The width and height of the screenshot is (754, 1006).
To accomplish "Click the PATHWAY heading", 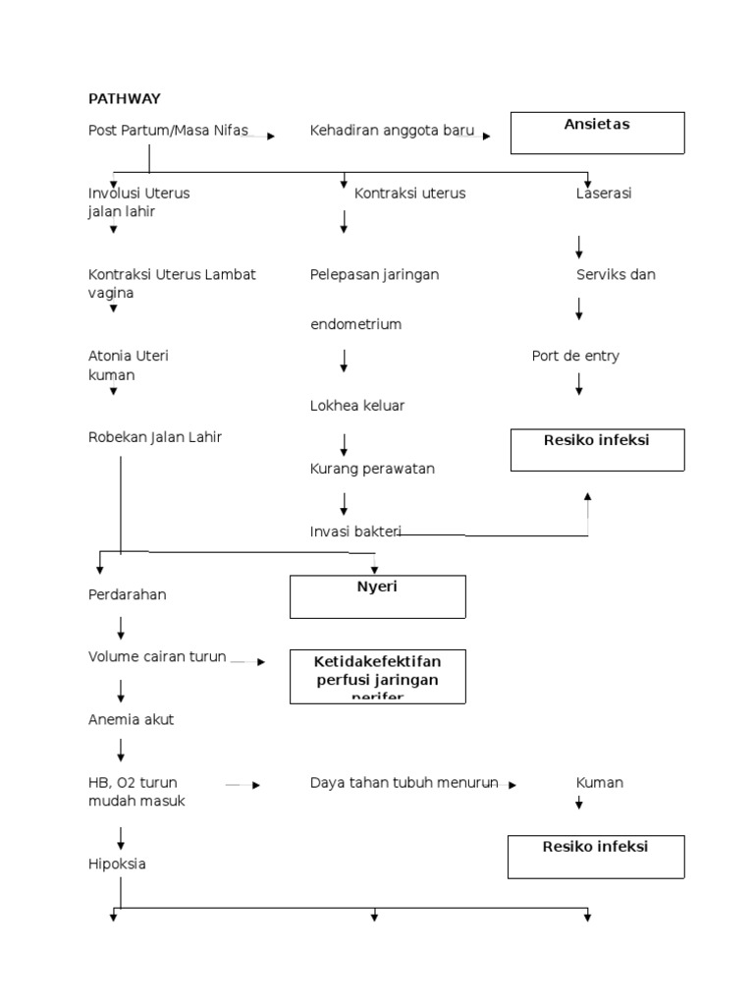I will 124,98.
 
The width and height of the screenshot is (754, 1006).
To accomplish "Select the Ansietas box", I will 597,133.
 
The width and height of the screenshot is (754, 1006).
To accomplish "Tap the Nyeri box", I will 377,596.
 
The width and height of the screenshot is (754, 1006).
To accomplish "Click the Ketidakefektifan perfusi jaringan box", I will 377,676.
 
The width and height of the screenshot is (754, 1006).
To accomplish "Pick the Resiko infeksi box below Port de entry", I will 597,449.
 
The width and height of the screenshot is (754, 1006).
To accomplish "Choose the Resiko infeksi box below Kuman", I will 596,856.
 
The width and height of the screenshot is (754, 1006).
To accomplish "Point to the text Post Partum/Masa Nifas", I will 168,131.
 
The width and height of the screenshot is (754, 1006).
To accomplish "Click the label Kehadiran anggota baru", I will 392,131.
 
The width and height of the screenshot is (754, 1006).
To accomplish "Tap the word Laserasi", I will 604,194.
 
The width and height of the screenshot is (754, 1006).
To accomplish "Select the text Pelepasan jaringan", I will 374,275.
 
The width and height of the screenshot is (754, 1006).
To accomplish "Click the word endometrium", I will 355,324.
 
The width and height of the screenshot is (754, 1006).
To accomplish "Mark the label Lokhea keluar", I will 357,406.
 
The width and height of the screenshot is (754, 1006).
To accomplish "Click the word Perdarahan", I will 128,595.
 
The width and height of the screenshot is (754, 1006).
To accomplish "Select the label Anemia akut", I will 131,720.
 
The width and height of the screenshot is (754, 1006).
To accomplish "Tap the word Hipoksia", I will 117,865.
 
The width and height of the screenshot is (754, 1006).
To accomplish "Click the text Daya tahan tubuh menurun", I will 404,783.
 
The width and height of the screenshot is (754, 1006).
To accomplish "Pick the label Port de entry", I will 575,357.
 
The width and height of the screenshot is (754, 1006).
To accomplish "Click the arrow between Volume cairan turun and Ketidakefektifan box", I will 247,662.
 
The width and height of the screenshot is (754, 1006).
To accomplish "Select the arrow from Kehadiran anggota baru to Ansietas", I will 483,137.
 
